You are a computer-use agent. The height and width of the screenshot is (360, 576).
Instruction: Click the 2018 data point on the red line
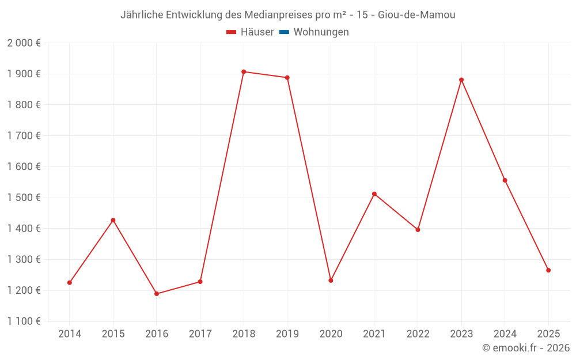click(x=244, y=72)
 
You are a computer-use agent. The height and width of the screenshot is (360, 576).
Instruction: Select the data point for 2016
click(x=157, y=294)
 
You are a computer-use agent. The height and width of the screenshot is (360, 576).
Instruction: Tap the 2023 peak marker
click(x=461, y=80)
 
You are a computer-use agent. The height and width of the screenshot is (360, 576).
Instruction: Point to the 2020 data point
click(x=331, y=281)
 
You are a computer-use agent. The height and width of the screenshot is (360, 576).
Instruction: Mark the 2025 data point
click(x=548, y=270)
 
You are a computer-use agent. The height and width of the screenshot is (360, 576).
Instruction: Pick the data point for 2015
click(x=113, y=220)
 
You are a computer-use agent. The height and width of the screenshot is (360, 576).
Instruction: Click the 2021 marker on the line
click(x=374, y=194)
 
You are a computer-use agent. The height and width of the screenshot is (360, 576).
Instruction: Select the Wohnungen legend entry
click(x=321, y=32)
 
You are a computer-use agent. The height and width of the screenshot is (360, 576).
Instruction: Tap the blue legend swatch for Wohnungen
click(x=284, y=32)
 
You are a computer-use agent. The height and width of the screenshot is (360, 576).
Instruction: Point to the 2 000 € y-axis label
click(x=24, y=43)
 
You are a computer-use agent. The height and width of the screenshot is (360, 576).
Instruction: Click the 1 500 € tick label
click(x=24, y=198)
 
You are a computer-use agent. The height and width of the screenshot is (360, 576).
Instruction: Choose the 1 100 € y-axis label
click(x=24, y=321)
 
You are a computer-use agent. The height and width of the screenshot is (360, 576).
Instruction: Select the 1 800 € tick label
click(x=24, y=105)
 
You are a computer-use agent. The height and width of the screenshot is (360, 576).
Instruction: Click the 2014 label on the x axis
click(x=70, y=334)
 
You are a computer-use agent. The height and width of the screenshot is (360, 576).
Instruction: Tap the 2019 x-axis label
click(x=287, y=334)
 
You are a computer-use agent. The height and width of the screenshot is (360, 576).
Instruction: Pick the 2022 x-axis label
click(x=418, y=334)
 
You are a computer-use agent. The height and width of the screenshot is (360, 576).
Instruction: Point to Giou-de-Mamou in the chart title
click(x=416, y=15)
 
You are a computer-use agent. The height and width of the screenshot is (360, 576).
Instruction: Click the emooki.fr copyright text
click(x=526, y=348)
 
